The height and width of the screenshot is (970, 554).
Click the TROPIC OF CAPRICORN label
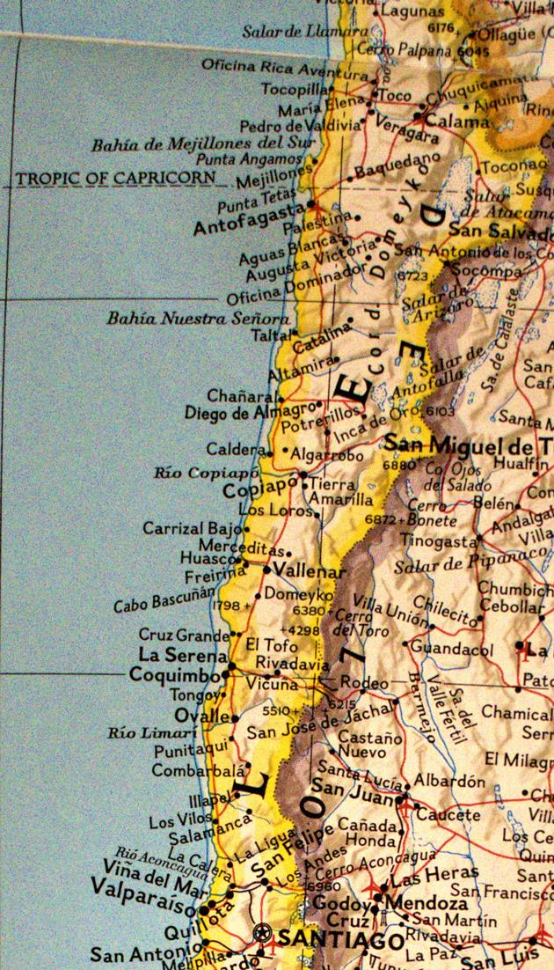[x=115, y=178]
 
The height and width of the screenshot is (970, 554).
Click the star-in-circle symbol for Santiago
[x=260, y=930]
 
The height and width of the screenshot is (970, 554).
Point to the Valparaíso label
[x=147, y=908]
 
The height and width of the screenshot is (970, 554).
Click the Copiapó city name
[x=260, y=487]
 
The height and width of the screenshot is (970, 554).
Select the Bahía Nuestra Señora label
[x=197, y=318]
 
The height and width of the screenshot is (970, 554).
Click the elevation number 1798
[x=226, y=605]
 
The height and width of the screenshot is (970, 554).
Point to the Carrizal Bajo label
[x=192, y=529]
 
